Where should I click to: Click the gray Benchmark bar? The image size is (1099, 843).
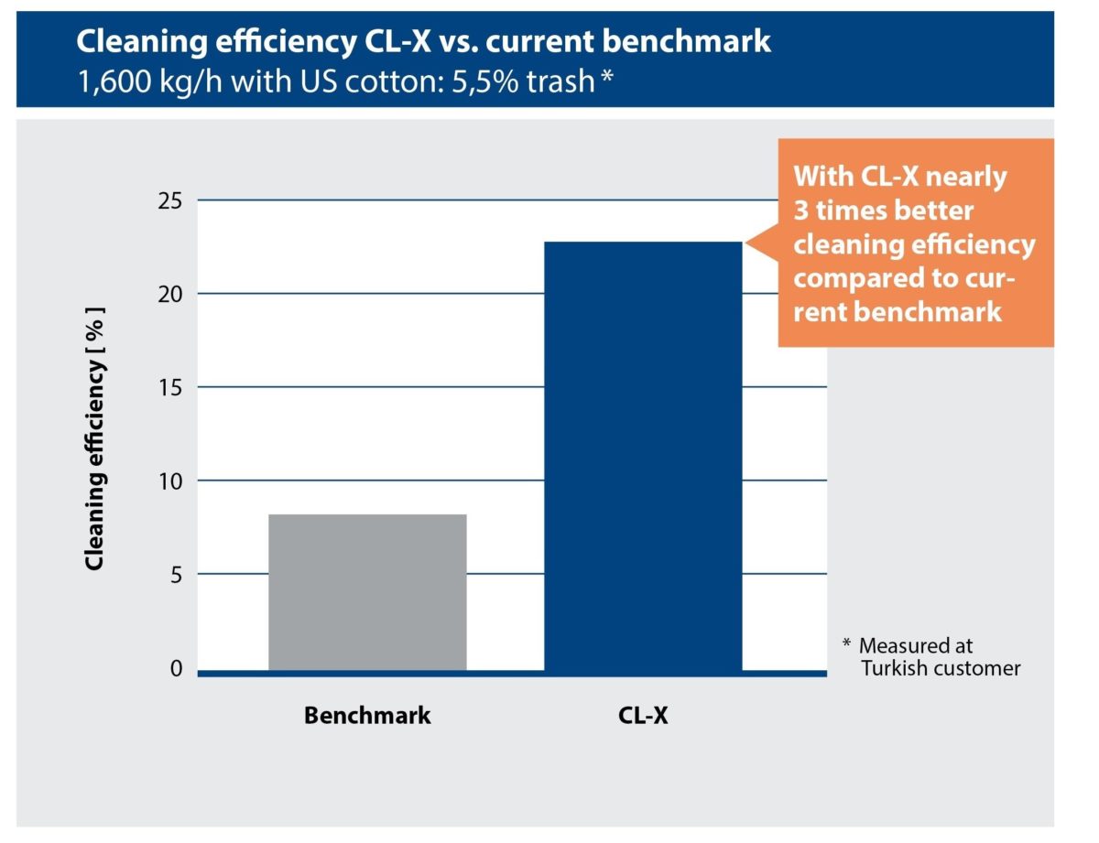pyautogui.click(x=367, y=592)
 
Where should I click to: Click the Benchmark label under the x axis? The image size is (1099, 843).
pyautogui.click(x=367, y=715)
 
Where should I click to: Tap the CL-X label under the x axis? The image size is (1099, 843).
pyautogui.click(x=643, y=715)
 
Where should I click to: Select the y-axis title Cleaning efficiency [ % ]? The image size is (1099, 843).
pyautogui.click(x=94, y=438)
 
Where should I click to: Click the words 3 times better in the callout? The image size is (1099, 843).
pyautogui.click(x=883, y=211)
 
